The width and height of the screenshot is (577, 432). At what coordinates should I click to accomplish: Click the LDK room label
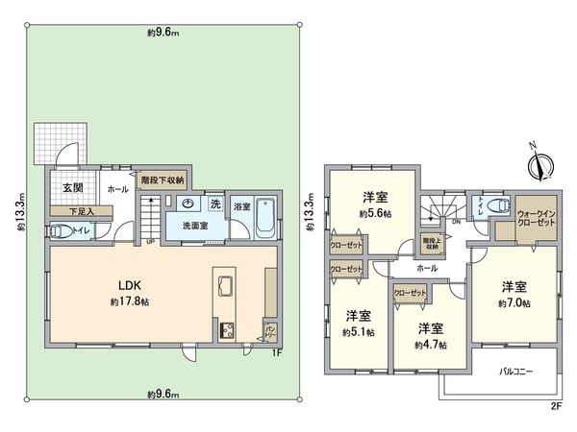131,285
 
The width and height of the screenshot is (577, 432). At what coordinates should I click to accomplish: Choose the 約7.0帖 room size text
513,303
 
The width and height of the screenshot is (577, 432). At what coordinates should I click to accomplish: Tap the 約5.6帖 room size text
373,213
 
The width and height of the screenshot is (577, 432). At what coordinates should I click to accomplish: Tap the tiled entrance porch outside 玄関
52,144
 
